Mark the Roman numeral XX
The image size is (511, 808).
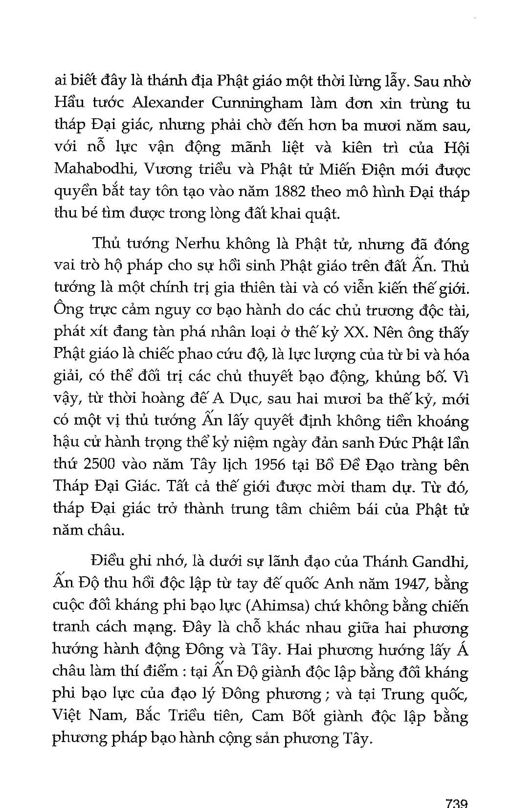tap(355, 332)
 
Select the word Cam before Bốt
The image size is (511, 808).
tap(267, 716)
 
